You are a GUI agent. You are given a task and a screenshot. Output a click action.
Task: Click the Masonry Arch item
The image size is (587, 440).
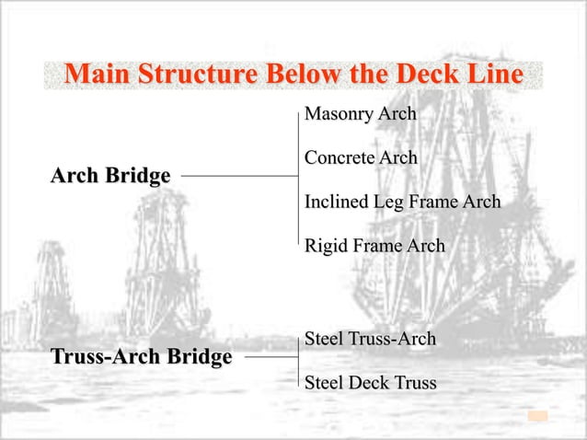click(360, 115)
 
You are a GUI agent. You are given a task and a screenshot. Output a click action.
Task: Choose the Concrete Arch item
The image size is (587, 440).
click(360, 158)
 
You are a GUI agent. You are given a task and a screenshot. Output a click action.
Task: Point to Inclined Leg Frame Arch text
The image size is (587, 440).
click(402, 202)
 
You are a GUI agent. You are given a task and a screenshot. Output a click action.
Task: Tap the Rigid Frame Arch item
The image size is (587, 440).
click(374, 246)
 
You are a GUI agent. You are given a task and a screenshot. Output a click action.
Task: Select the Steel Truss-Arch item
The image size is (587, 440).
click(370, 340)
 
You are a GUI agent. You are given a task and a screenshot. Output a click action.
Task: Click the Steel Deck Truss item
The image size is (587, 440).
click(370, 382)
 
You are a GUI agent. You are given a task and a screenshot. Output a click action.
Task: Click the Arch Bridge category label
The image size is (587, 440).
click(110, 175)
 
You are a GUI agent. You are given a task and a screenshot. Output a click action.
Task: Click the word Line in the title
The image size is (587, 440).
click(495, 75)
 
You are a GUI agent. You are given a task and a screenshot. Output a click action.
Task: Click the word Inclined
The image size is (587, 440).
click(336, 202)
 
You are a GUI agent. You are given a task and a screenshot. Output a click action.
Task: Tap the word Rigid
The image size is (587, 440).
click(323, 246)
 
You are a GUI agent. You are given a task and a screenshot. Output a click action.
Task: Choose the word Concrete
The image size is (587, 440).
click(338, 158)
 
